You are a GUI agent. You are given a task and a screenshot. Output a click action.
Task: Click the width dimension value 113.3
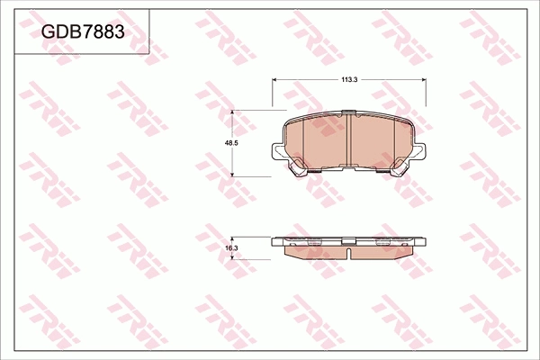[349, 80]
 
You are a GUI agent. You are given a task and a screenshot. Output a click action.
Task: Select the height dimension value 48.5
[231, 143]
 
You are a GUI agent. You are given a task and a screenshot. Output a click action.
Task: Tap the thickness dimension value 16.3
[231, 247]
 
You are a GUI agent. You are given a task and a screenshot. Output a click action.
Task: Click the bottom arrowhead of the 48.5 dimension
[234, 174]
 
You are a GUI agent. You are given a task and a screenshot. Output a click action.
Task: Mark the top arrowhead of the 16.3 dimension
[234, 239]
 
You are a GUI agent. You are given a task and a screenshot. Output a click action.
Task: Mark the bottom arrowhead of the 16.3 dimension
[234, 256]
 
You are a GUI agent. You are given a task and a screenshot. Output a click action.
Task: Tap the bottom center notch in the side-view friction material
[348, 255]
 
